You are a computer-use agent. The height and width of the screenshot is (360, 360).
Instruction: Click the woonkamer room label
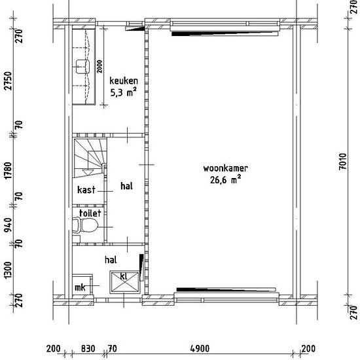point(225,168)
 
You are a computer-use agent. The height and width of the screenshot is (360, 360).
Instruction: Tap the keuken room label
point(124,81)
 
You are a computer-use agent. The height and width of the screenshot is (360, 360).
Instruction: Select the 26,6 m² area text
point(225,179)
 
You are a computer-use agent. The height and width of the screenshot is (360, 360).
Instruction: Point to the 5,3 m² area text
point(124,92)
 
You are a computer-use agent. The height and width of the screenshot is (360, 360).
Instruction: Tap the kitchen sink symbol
point(82,67)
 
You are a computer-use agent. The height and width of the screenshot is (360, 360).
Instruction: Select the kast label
point(86,190)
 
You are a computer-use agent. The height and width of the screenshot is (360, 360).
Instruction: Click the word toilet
point(90,213)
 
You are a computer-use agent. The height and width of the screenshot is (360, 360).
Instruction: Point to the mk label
point(80,287)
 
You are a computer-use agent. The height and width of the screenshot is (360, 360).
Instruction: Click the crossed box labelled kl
point(124,282)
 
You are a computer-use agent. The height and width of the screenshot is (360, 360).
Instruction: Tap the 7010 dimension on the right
point(342,162)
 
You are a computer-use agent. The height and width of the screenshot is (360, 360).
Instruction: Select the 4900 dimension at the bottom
point(200,349)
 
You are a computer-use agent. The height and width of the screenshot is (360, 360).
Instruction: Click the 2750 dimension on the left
point(9,81)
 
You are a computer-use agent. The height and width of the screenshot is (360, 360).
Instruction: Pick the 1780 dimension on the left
point(9,171)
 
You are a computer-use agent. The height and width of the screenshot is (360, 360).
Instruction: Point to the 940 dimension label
point(9,225)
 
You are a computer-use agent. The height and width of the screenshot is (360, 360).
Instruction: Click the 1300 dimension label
point(9,270)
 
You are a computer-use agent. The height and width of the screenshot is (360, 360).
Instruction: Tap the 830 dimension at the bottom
point(88,349)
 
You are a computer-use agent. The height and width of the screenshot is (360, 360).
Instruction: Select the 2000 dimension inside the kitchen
point(99,67)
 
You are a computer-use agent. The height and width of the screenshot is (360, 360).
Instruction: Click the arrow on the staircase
point(88,172)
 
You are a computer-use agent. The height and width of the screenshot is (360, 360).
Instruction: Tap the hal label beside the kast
point(126,186)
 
